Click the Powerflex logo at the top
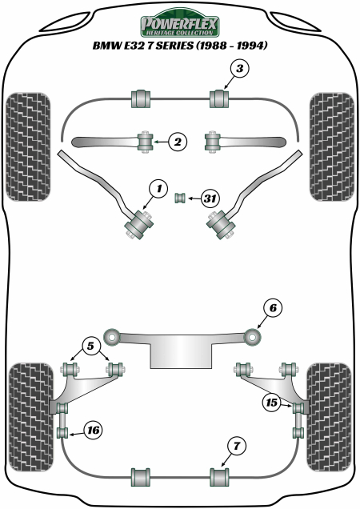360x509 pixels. point(180,24)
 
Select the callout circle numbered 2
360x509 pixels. point(178,142)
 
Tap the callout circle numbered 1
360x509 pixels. point(158,189)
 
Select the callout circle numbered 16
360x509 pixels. point(93,431)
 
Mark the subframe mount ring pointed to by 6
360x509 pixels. point(253,337)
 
